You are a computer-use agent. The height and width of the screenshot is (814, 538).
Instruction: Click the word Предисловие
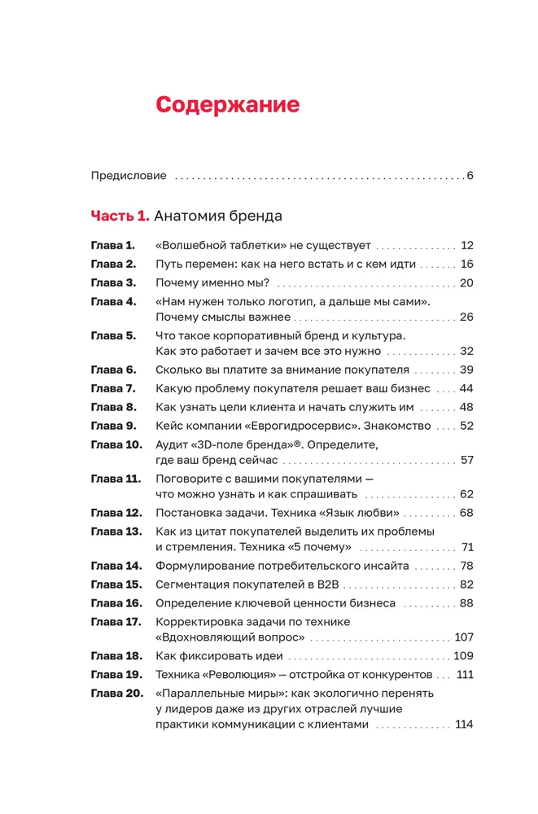coord(129,175)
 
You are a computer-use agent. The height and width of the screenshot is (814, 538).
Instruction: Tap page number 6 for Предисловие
coord(470,175)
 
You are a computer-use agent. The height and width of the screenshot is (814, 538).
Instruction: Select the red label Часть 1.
coord(120,217)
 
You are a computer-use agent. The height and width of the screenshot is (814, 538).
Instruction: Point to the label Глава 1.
coord(112,245)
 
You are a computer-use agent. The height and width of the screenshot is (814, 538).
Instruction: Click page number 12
coord(466,245)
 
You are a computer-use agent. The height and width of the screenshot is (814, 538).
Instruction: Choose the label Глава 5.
coord(113,335)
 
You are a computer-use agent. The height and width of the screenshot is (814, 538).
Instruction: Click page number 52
coord(466,426)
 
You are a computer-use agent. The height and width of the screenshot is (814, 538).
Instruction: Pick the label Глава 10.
coord(116,444)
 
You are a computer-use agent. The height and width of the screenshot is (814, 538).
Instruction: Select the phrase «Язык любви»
coord(363,513)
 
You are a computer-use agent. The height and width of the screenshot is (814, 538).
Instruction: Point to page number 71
coord(467,547)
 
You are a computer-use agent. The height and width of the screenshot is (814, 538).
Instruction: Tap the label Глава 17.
coord(116,622)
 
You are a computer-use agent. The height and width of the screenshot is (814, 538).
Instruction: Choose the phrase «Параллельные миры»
coord(215,694)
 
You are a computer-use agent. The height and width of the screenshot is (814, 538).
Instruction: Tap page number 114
coord(464,724)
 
